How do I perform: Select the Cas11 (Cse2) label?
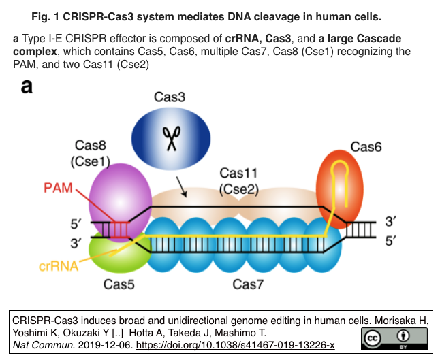pyautogui.click(x=238, y=182)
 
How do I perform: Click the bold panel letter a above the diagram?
pyautogui.click(x=27, y=86)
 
